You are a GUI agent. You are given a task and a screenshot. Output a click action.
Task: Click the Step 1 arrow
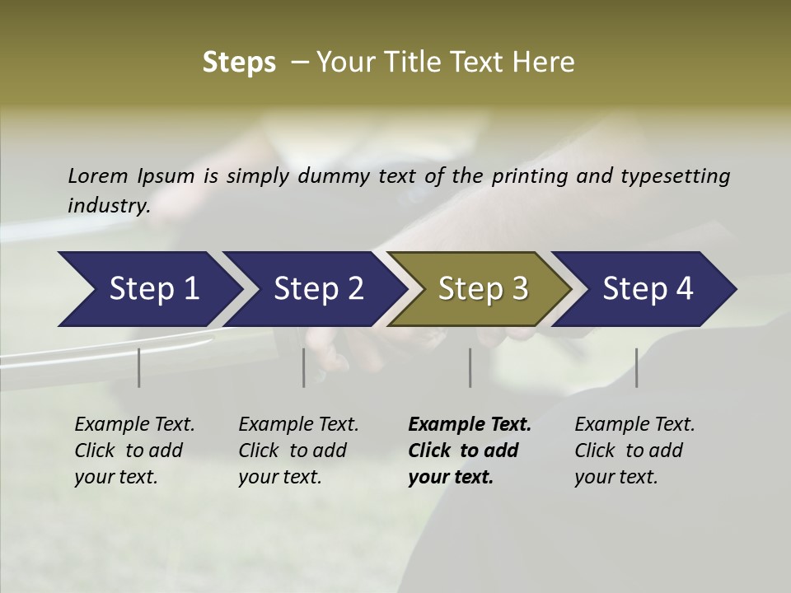[x=148, y=289]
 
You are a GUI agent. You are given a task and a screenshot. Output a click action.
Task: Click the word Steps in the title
[x=239, y=63]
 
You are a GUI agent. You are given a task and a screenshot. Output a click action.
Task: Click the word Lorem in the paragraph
[x=97, y=175]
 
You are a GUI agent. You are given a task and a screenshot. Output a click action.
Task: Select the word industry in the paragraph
[x=108, y=205]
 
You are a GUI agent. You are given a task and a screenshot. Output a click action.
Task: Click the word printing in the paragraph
[x=527, y=175]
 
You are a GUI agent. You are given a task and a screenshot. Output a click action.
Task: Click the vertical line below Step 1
[x=139, y=367]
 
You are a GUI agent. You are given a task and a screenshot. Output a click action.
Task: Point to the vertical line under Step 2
[x=304, y=367]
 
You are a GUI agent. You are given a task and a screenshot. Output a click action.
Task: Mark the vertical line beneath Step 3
[x=470, y=367]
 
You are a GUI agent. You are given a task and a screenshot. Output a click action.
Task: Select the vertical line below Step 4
[x=636, y=367]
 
